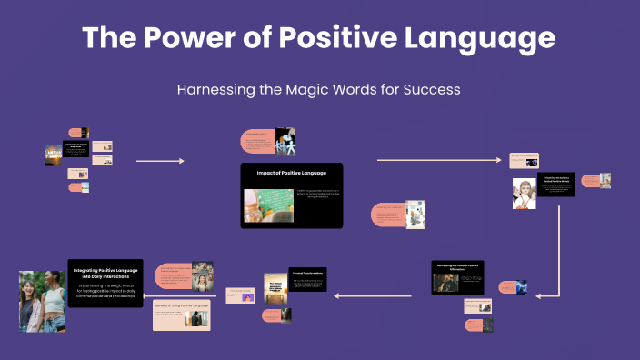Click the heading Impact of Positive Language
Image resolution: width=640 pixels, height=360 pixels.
coord(291,173)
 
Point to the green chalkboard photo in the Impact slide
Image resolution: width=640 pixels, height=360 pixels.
coord(266,205)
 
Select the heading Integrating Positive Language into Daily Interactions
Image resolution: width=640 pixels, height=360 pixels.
coord(106,273)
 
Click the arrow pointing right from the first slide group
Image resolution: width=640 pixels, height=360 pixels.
coord(159,161)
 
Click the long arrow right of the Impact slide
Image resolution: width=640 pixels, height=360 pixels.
coord(438,160)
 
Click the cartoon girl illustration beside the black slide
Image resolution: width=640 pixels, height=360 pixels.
coord(524,194)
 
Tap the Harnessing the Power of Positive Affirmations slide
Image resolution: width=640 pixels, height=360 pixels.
coord(456,276)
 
